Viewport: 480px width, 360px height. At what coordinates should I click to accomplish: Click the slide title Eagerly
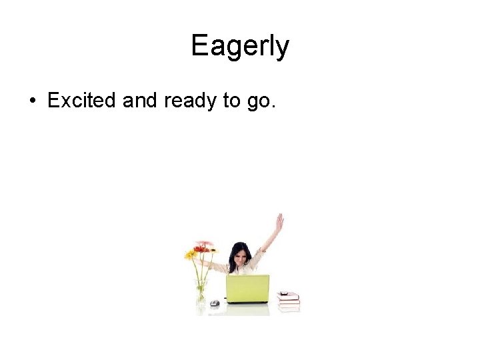pos(240,46)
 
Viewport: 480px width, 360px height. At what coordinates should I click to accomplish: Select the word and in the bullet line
pos(139,101)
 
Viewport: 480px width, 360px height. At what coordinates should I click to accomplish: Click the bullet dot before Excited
pos(32,101)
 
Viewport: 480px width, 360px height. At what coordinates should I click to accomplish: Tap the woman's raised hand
pos(279,222)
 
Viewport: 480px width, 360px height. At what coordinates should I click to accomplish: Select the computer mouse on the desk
pos(214,303)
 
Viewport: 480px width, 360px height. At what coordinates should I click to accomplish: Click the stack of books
pos(289,301)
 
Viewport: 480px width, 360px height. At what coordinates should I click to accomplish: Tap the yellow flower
pos(191,254)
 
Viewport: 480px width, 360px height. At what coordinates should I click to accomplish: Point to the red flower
pos(201,249)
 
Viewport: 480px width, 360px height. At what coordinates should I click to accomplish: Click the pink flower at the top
pos(206,243)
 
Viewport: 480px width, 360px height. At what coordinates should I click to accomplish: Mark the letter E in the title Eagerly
pos(199,46)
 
